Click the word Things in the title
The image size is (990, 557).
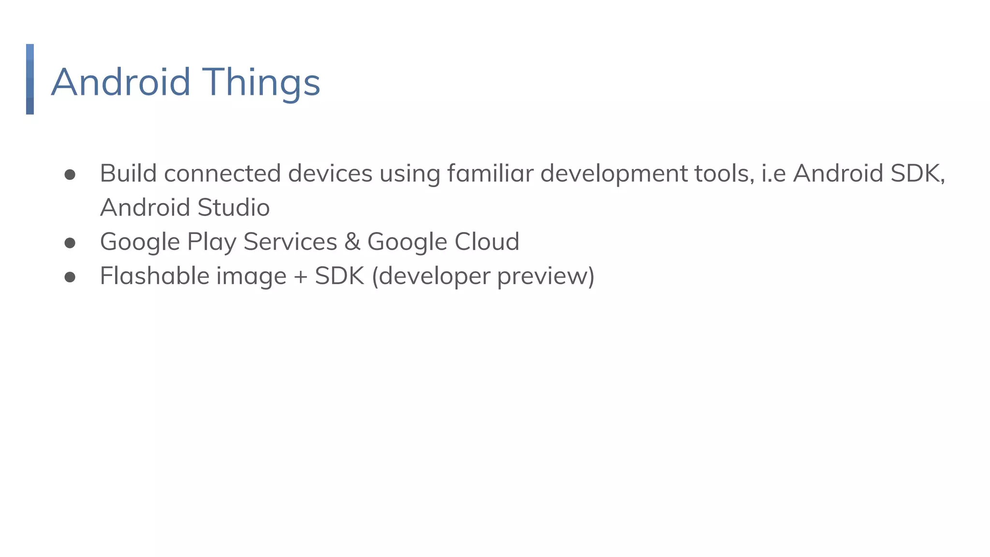click(x=261, y=82)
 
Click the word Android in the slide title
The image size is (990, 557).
click(x=121, y=82)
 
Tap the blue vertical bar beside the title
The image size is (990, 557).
click(x=30, y=79)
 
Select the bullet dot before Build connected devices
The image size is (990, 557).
click(x=70, y=175)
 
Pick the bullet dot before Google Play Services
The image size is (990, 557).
click(x=70, y=243)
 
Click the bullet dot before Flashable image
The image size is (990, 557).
click(x=70, y=277)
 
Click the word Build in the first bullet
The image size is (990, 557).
click(x=128, y=174)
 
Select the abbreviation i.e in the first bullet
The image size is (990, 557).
click(x=773, y=174)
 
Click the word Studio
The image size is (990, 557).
click(x=233, y=208)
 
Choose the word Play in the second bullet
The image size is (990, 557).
click(x=211, y=242)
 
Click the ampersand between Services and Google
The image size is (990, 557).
click(x=352, y=242)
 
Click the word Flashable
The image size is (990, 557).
click(x=154, y=277)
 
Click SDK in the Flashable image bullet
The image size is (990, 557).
click(x=339, y=277)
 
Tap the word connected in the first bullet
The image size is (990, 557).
click(x=222, y=174)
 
